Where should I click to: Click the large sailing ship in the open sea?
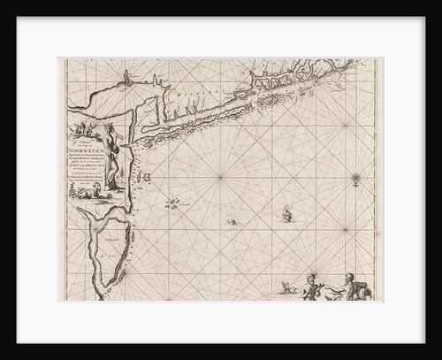point(287,211)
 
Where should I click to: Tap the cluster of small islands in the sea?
point(175,204)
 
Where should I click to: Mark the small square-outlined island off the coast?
point(148,180)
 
